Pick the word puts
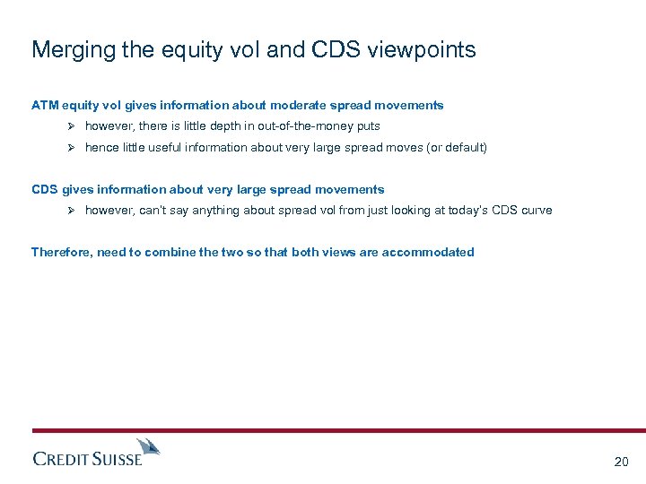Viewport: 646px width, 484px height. (x=368, y=126)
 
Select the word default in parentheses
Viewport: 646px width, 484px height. (x=464, y=147)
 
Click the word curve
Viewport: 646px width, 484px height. (x=537, y=210)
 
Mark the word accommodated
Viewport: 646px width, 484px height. (x=428, y=252)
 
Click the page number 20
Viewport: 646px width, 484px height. (x=621, y=462)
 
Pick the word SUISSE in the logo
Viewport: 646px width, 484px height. (x=117, y=460)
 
